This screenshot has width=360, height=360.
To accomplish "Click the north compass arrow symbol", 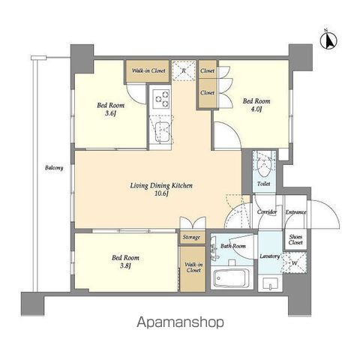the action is [328, 40].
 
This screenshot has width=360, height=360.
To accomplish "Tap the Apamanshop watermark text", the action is [180, 322].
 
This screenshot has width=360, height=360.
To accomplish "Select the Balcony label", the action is [54, 168].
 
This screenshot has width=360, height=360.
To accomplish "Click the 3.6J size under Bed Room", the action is [110, 113].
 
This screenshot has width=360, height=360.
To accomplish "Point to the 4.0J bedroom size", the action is [256, 109].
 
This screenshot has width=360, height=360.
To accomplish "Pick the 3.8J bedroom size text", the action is [125, 265].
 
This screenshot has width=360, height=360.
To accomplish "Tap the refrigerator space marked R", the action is [184, 70].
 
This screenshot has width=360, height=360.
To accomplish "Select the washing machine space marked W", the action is [295, 263].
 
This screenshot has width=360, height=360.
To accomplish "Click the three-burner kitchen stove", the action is [161, 99].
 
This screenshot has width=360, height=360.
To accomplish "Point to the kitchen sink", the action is [161, 132].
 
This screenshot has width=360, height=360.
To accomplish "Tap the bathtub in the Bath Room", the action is [232, 278].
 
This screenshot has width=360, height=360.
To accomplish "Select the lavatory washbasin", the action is [270, 283].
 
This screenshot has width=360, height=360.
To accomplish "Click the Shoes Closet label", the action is [295, 240].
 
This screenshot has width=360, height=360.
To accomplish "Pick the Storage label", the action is [191, 237].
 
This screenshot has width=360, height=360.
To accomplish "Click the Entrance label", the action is [296, 212].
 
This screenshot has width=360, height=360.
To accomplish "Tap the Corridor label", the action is [267, 212].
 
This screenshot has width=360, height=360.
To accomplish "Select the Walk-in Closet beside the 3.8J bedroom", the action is [193, 268].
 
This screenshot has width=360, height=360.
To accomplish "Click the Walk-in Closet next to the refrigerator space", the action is [148, 70].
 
